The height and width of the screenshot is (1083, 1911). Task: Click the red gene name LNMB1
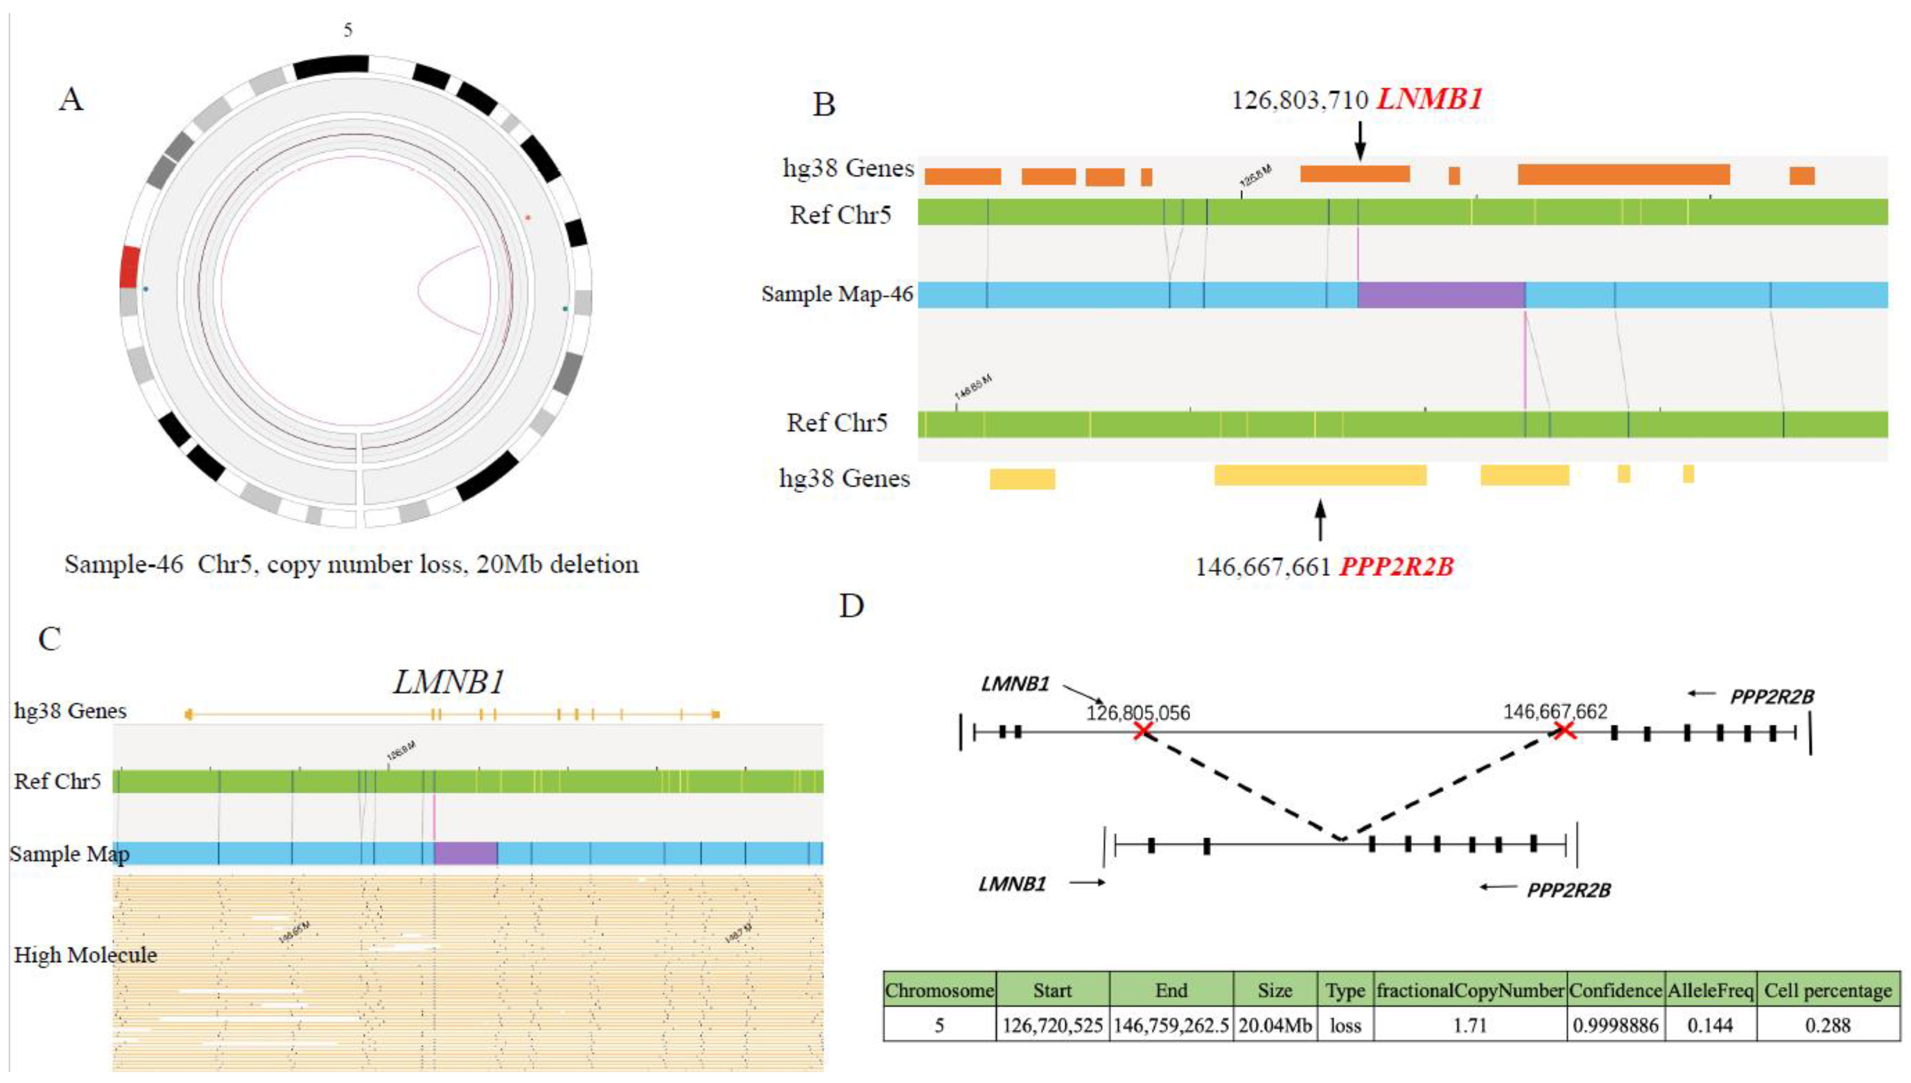[1429, 99]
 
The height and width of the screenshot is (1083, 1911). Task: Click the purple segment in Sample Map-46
[1442, 294]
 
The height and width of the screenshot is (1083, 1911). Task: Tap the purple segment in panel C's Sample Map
[466, 853]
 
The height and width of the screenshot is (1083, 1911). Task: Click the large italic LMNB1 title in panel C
[449, 681]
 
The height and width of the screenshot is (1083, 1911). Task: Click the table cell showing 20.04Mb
[1275, 1025]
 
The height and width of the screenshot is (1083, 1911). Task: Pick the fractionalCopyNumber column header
[1470, 991]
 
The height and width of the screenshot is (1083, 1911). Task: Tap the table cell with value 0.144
[1710, 1025]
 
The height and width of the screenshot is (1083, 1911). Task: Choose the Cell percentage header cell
[1827, 991]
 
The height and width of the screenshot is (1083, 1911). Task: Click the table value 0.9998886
[1615, 1025]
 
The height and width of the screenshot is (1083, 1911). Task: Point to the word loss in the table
[1345, 1025]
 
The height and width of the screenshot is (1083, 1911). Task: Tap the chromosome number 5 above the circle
[348, 30]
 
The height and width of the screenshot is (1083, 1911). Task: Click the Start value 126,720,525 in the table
[1052, 1025]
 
